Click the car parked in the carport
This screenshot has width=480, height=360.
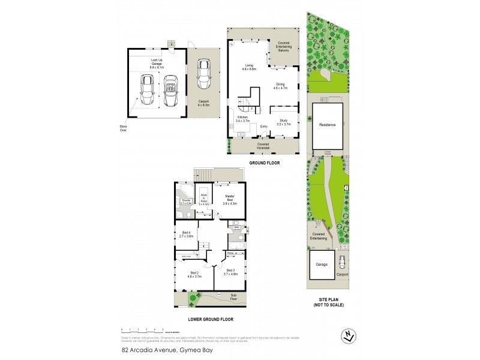tap(204, 74)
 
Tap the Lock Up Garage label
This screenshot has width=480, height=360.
tap(157, 61)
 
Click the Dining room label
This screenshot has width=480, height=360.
tap(281, 86)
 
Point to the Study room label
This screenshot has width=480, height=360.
tap(283, 122)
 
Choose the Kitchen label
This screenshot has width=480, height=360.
tap(242, 119)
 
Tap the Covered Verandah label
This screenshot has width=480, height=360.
tap(263, 145)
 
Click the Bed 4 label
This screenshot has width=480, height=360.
tap(186, 234)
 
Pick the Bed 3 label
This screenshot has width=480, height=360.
tap(231, 271)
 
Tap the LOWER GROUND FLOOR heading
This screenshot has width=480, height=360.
tap(211, 320)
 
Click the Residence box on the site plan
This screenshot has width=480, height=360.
tap(327, 124)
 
